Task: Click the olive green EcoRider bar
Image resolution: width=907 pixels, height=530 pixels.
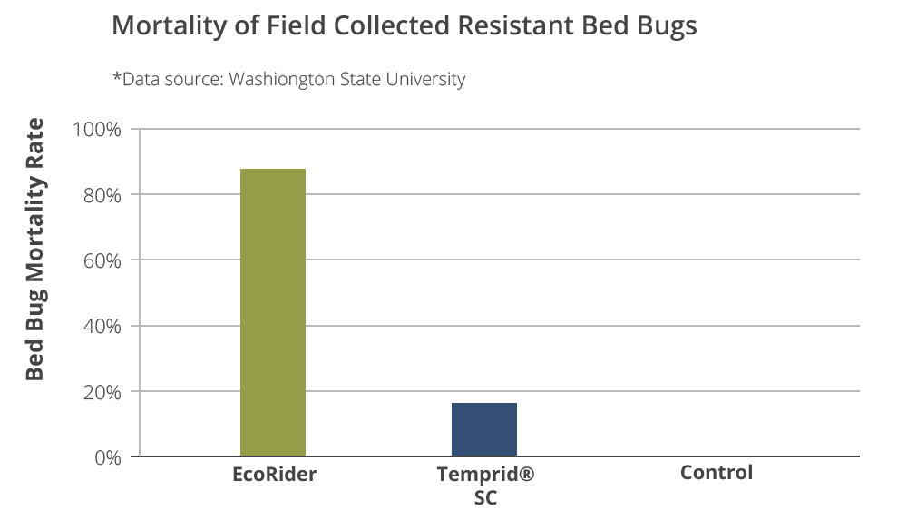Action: (273, 312)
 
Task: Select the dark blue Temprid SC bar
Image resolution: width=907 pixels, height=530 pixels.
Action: (484, 429)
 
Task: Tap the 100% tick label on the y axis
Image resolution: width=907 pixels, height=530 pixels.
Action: (97, 130)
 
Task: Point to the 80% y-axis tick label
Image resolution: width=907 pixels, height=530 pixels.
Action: (102, 195)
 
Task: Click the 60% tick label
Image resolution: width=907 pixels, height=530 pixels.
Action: (102, 261)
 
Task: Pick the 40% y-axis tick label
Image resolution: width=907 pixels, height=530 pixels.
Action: (102, 327)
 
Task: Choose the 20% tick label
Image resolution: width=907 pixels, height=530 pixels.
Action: (102, 392)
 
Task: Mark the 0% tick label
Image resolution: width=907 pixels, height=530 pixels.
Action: (108, 458)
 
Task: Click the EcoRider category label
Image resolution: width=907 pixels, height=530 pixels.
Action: (274, 475)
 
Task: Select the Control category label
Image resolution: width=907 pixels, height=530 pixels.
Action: (717, 473)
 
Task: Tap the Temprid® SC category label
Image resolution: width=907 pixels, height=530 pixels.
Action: (485, 486)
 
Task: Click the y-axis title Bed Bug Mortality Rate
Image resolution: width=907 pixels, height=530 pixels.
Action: (34, 250)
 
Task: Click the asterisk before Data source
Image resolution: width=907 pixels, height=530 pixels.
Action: (117, 76)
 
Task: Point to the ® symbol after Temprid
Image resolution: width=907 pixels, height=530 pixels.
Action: (526, 474)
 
